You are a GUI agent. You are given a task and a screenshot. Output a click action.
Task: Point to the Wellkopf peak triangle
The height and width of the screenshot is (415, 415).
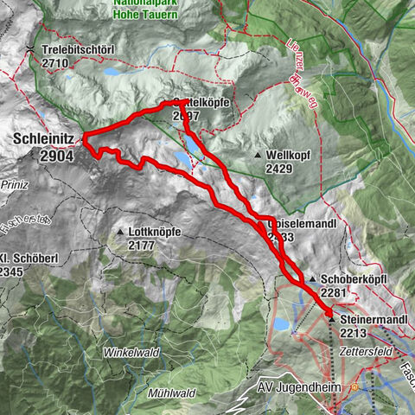coord(258,154)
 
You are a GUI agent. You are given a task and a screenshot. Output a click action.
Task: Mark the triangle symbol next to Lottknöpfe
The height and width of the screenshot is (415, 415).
coord(121,233)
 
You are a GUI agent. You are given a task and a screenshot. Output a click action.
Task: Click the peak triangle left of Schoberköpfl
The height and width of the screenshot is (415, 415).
coord(313,279)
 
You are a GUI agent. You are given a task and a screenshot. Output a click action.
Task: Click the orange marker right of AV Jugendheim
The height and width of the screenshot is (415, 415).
coord(353,386)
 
